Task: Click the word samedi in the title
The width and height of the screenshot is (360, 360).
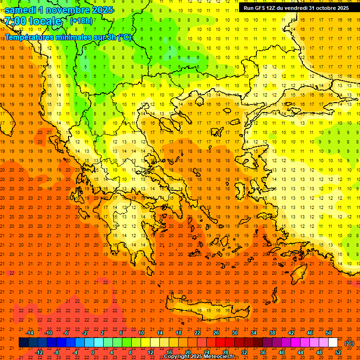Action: click(21, 10)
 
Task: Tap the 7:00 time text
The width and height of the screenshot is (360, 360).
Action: click(16, 21)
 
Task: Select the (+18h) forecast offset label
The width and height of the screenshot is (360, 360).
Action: click(81, 21)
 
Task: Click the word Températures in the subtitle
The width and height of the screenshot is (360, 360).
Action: click(30, 37)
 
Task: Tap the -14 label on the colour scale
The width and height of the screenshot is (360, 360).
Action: click(30, 333)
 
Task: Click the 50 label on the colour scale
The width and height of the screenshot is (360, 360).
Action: click(329, 333)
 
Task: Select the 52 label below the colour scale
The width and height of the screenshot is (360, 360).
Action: click(338, 352)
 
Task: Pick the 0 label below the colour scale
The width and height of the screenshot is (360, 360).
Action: click(93, 352)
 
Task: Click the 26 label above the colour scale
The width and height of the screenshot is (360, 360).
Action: click(216, 333)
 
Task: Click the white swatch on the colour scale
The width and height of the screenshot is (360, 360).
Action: click(333, 343)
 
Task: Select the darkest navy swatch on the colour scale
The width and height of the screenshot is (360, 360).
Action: click(23, 343)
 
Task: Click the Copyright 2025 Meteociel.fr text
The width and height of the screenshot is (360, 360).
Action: click(199, 357)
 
